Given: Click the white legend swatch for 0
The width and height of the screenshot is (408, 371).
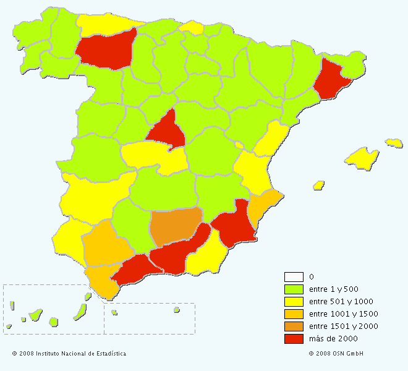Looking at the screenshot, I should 294,276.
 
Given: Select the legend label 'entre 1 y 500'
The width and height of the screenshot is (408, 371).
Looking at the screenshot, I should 334,289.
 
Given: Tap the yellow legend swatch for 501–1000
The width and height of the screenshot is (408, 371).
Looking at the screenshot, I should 294,301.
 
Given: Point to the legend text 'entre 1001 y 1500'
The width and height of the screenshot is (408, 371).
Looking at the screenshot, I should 343,313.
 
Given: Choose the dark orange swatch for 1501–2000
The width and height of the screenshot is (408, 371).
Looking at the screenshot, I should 294,326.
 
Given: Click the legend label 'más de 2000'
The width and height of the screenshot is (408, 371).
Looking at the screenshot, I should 333,338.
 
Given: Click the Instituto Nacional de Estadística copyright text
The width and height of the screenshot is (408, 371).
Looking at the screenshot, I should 69,354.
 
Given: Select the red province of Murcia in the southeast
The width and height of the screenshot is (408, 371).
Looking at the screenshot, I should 235,226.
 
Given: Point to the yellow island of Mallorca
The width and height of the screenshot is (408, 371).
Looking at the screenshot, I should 362,158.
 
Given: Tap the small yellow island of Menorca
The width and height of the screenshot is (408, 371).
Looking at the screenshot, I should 394,143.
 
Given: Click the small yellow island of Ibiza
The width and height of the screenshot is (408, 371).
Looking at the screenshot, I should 319,185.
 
